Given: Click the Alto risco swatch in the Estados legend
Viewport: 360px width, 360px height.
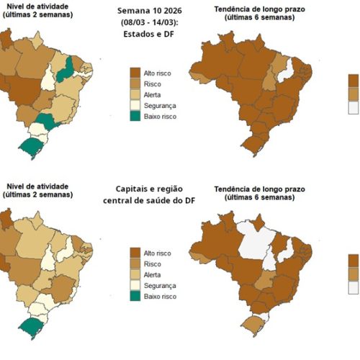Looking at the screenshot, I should tap(135, 73).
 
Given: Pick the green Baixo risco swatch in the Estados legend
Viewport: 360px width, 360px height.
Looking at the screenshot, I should tap(135, 116).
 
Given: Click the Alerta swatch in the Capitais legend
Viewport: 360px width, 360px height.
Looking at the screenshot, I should tap(135, 274).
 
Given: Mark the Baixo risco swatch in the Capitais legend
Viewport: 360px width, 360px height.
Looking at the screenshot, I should tap(135, 296).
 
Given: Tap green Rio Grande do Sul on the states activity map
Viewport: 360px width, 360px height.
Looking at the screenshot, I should tap(31, 147).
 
